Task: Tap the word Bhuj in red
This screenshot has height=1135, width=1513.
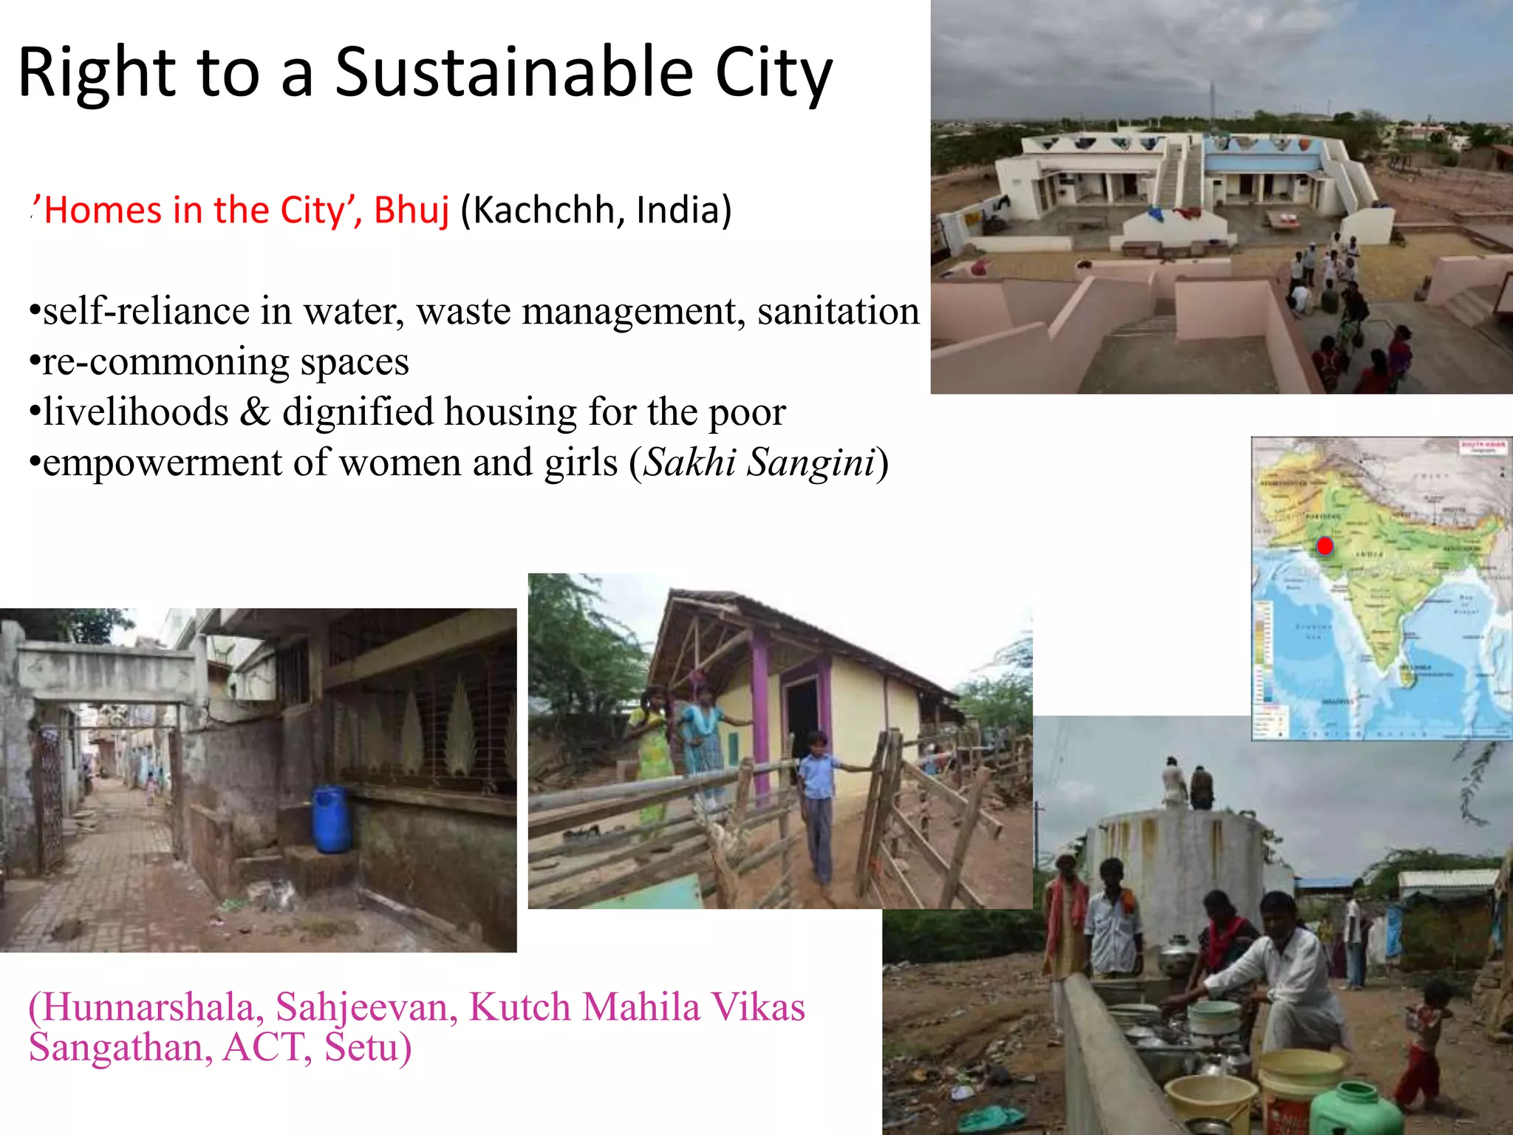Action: [411, 210]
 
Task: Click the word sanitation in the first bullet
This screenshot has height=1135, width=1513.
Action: [838, 310]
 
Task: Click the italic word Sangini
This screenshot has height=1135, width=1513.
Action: [810, 463]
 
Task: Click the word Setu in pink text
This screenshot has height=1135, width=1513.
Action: [366, 1047]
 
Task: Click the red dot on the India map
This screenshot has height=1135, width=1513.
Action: [1325, 546]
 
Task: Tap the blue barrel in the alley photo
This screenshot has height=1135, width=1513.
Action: [331, 819]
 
